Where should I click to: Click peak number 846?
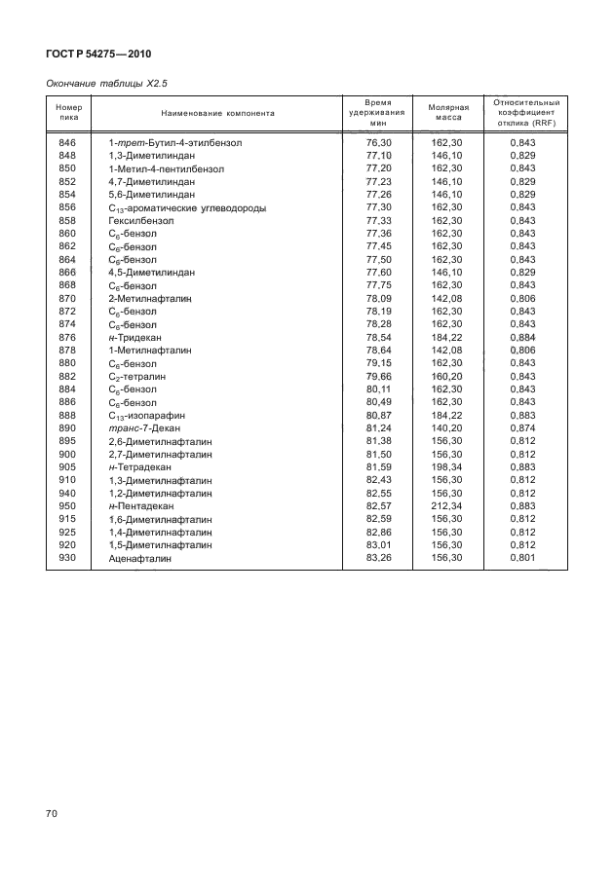pos(67,143)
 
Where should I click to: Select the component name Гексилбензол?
pos(139,220)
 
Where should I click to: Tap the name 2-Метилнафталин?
pos(148,298)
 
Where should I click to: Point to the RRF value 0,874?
pos(522,428)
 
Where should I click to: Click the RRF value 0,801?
pos(522,558)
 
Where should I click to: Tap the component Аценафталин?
pos(140,558)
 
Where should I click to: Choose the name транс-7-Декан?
pos(148,428)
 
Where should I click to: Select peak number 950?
pos(67,506)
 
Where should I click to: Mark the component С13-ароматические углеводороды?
pos(187,207)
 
